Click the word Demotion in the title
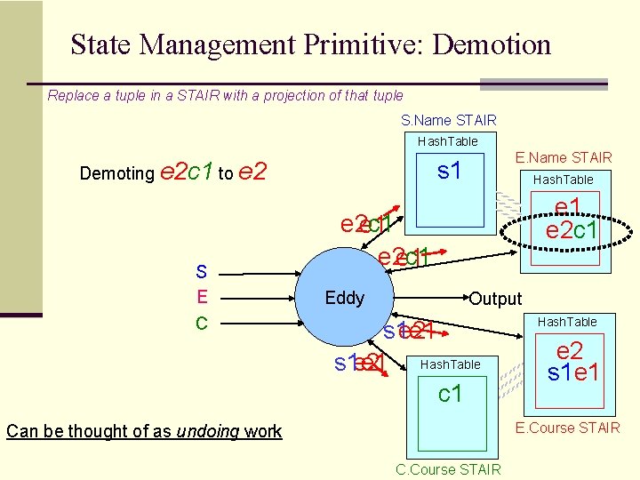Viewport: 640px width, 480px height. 492,44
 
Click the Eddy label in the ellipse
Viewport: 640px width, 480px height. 344,298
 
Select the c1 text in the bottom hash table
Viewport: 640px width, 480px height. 451,393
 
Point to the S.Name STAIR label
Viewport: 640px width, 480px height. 448,120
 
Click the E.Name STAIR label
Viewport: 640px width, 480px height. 564,158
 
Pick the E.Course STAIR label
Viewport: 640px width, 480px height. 568,428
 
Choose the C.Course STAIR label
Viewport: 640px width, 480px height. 448,469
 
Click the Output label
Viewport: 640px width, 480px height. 495,299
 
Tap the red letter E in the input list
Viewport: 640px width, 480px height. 202,297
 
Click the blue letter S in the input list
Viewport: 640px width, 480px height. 202,271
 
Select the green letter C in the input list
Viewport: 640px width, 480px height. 202,322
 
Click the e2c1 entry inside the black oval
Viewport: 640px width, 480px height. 572,231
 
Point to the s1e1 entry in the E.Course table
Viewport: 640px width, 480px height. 572,372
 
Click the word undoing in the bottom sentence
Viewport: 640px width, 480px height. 210,432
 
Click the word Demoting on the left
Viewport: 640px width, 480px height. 116,173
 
